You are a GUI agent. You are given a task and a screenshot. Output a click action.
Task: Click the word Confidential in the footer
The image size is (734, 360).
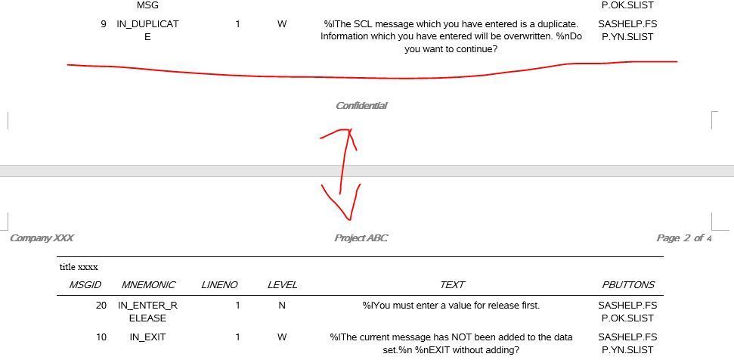coord(361,106)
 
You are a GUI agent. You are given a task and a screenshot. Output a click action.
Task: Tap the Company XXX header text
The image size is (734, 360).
coord(42,237)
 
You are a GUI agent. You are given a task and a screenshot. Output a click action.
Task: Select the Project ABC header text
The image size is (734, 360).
coord(361,237)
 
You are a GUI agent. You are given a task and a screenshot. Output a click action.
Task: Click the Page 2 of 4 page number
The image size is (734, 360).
coord(684,237)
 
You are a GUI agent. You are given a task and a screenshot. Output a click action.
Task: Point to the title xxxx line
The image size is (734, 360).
coord(79,267)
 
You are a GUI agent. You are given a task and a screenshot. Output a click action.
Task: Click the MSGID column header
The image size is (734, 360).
coord(85,284)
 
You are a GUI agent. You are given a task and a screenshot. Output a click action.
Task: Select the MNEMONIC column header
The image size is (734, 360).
coord(148,284)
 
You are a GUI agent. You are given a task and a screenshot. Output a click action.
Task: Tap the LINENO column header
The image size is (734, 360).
coord(219,284)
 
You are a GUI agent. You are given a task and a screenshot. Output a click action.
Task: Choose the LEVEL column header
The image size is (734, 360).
coord(282,284)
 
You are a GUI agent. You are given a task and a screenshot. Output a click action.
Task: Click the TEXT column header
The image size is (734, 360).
coord(452,284)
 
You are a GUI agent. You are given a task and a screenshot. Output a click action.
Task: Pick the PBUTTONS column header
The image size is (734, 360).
coord(627,284)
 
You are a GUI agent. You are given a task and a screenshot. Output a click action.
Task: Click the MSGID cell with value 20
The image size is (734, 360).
coord(101,306)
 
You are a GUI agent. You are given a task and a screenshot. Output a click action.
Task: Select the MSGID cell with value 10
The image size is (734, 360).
coord(101,337)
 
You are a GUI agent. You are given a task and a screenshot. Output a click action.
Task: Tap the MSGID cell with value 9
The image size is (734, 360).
coord(104,24)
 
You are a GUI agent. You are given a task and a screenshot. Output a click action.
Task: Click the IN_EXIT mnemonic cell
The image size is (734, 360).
coord(147,337)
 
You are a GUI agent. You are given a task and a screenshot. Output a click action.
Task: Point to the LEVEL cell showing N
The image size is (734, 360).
coord(282,306)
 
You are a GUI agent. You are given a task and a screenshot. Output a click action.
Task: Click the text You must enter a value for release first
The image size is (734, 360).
coord(451,306)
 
